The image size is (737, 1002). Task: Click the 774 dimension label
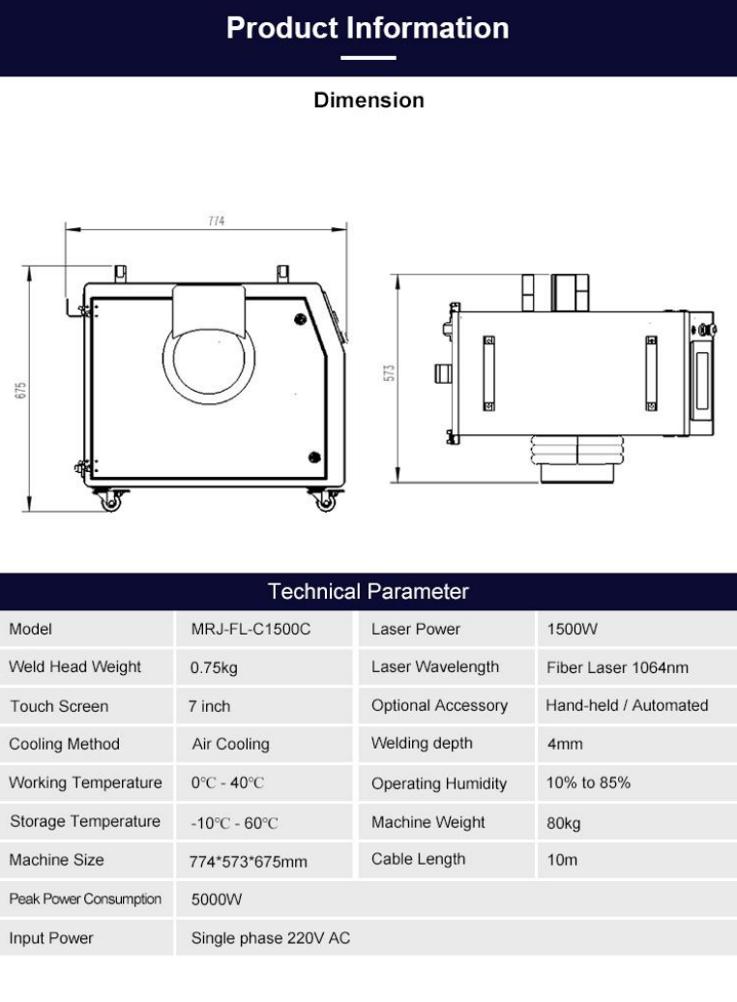click(216, 221)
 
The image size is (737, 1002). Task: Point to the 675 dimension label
click(20, 390)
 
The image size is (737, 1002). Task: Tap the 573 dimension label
click(389, 373)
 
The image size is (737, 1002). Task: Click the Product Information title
click(368, 28)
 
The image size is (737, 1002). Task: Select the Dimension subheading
click(368, 101)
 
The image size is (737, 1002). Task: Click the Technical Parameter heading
click(368, 591)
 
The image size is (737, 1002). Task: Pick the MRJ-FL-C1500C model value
click(251, 630)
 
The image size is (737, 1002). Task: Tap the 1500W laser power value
click(572, 630)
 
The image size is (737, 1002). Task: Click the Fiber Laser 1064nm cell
click(617, 667)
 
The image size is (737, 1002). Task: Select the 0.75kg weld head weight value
click(214, 668)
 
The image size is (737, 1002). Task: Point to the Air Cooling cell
click(231, 745)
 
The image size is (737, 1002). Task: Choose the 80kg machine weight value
click(563, 823)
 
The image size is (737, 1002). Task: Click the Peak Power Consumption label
click(85, 899)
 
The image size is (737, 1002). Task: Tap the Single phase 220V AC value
click(271, 938)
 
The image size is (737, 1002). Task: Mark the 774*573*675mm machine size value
click(248, 862)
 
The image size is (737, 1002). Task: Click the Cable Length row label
click(418, 860)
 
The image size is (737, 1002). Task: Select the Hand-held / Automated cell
click(627, 705)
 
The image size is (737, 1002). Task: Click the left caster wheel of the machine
click(110, 502)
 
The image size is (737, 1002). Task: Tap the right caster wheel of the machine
click(326, 502)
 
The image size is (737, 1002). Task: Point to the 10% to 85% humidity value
click(588, 782)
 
